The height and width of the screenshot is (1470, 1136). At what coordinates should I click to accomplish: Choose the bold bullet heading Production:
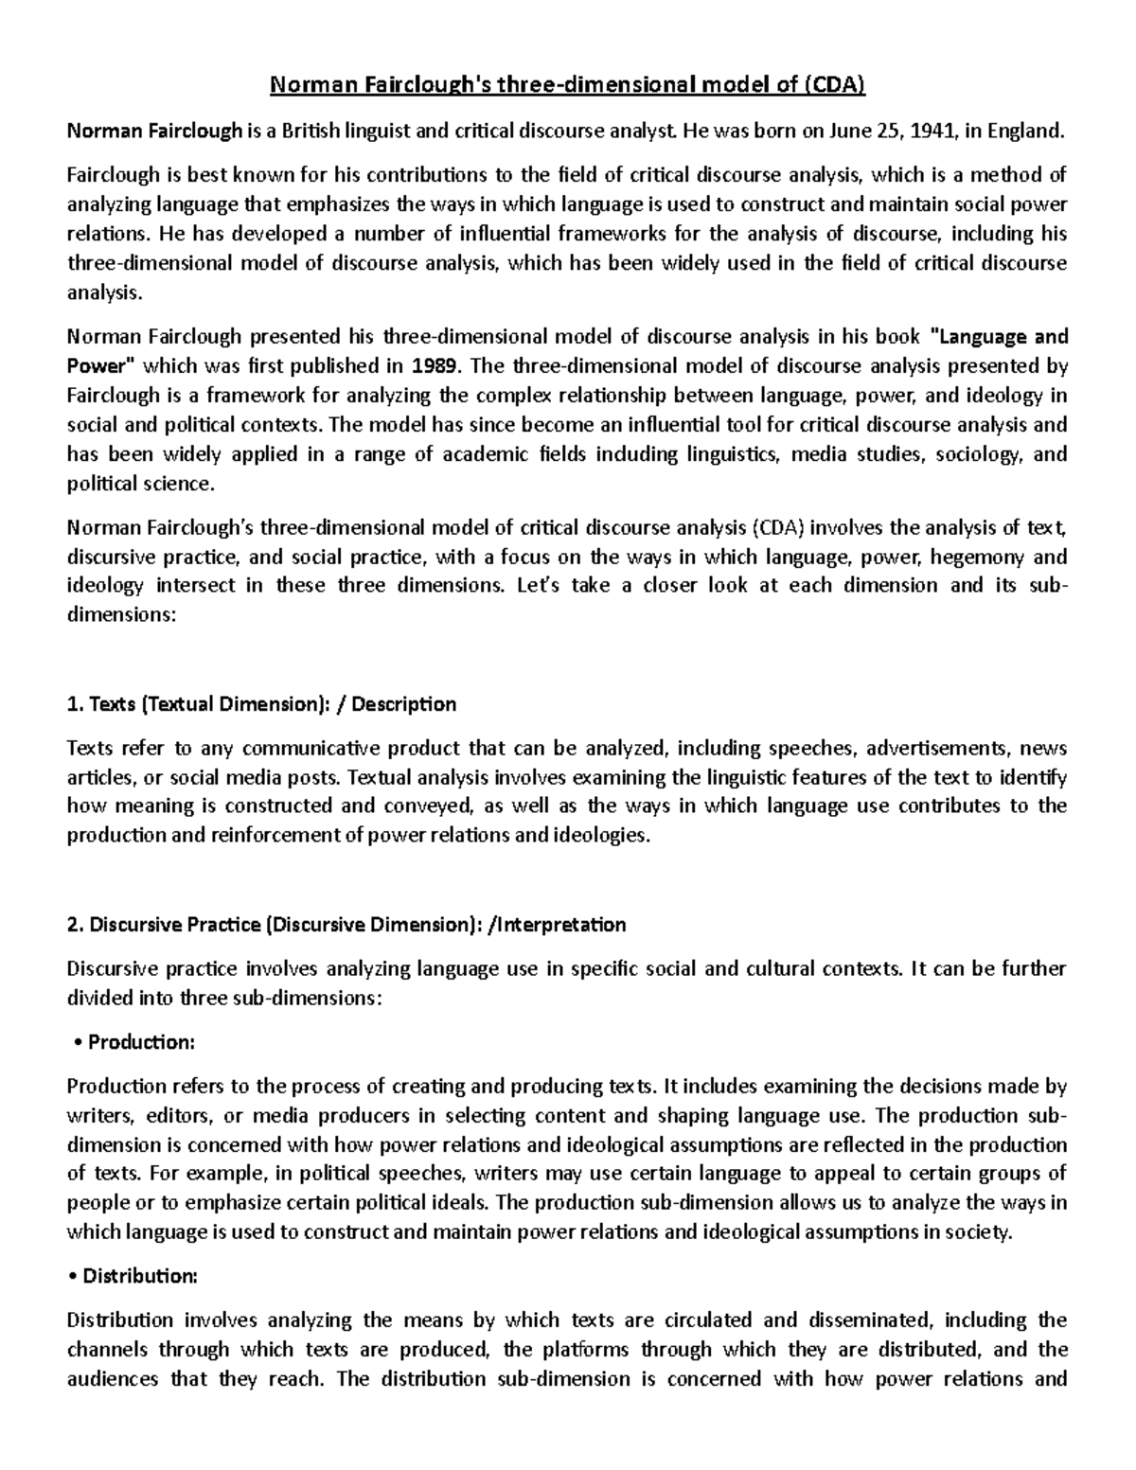tap(141, 1042)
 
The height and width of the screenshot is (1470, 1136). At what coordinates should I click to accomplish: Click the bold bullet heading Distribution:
tap(140, 1276)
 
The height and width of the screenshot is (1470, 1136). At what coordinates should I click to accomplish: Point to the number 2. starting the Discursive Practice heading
tap(76, 925)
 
